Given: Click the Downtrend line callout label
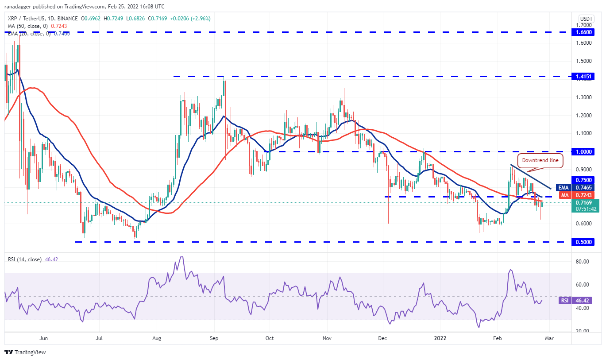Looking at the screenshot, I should (540, 161).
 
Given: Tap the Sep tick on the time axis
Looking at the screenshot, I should (214, 338).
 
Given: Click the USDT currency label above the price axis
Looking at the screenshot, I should (586, 19).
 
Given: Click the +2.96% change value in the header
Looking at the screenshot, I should (201, 19).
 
